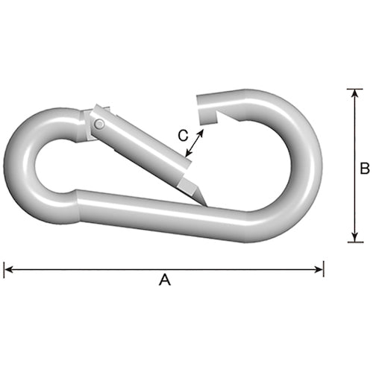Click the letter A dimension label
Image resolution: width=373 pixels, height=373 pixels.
point(165,280)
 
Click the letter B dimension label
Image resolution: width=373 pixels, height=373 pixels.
point(365,168)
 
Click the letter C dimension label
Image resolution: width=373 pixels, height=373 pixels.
point(183,136)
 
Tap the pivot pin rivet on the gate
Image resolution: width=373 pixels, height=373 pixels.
point(99,124)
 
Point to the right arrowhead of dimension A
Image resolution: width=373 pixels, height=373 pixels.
point(319,269)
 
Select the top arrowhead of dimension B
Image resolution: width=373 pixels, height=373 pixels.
point(355,93)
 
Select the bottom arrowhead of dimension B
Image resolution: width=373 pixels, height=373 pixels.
point(355,237)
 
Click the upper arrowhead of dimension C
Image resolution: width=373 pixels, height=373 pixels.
point(201,133)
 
